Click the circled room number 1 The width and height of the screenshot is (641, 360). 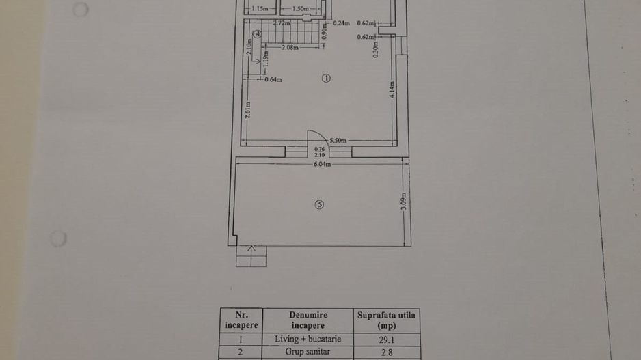[x=326, y=79]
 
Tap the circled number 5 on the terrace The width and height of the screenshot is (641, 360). [x=319, y=204]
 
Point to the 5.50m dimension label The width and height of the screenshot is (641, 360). [x=338, y=140]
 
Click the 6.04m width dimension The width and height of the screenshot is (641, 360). [x=323, y=164]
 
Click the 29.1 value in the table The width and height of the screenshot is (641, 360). [x=387, y=339]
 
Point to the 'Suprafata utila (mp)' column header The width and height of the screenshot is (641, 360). [x=387, y=320]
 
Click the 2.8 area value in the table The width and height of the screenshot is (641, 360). [x=387, y=353]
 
